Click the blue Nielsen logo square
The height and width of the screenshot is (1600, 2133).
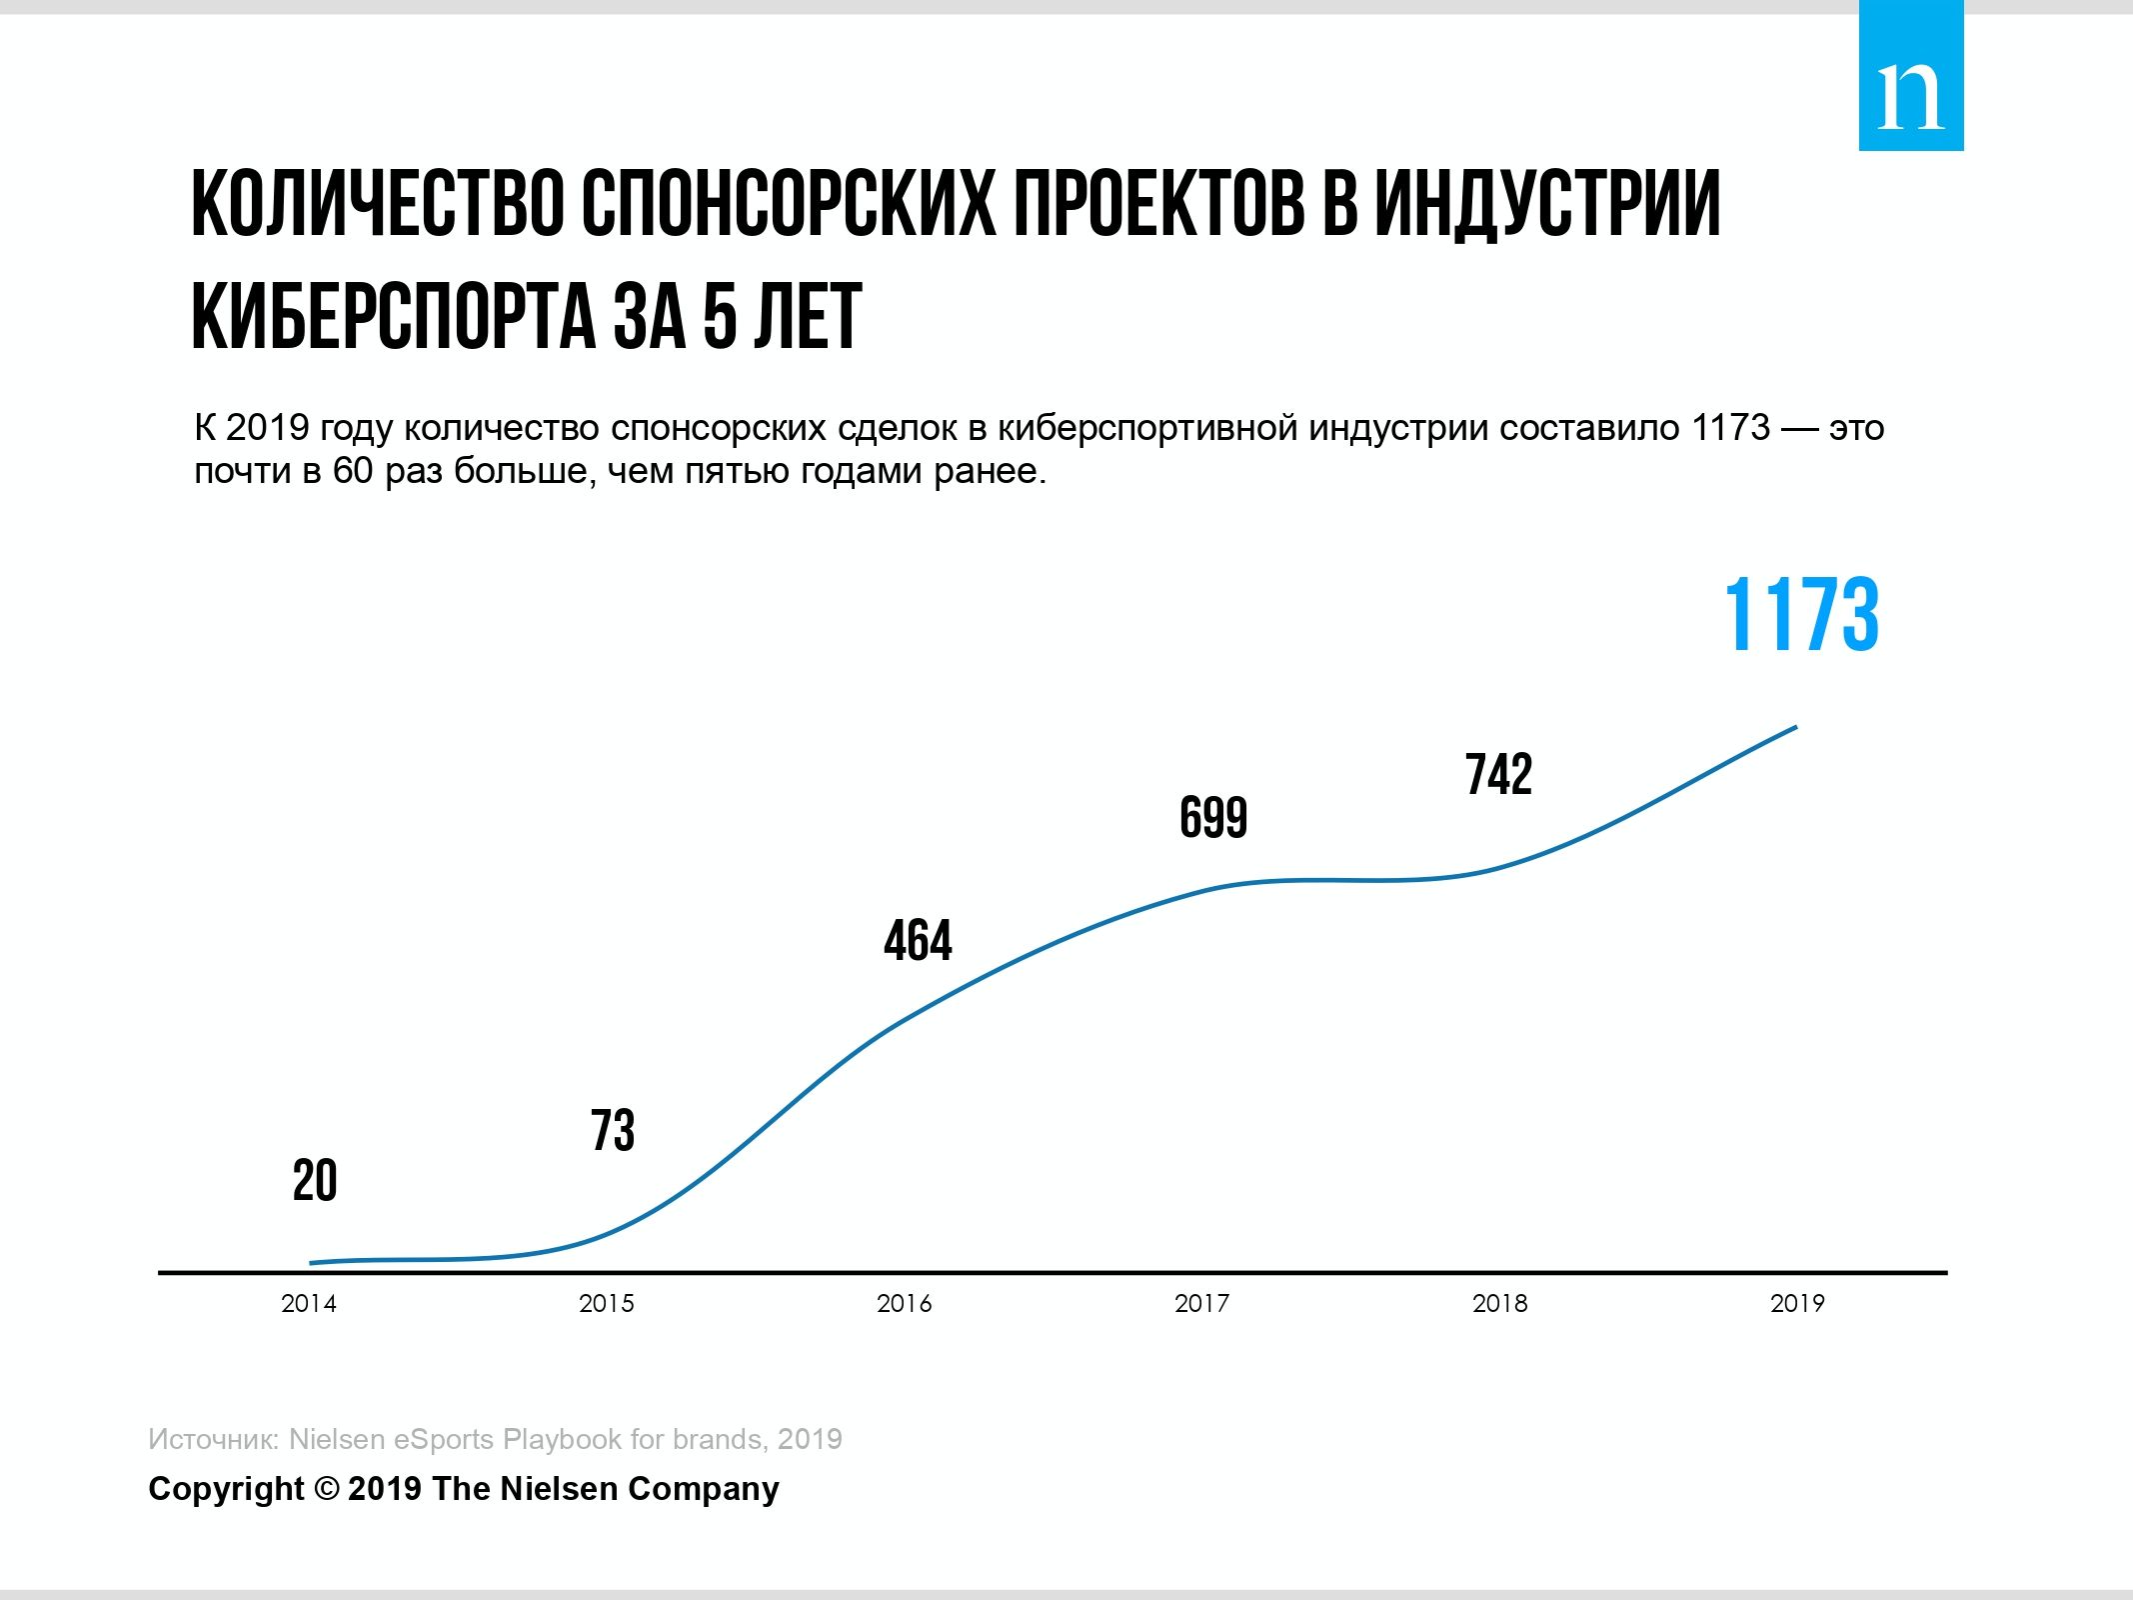[x=1910, y=76]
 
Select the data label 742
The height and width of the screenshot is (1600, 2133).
[x=1498, y=775]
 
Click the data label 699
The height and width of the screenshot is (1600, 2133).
[x=1213, y=818]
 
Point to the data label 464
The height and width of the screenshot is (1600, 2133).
[x=918, y=941]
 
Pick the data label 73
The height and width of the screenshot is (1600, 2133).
[x=612, y=1131]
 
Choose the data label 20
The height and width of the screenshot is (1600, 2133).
[x=315, y=1181]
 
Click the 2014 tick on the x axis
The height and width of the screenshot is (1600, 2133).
[x=309, y=1303]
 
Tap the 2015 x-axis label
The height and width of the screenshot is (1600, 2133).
[x=607, y=1303]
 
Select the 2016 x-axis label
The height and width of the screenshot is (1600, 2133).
[x=904, y=1303]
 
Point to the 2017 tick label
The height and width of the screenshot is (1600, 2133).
[x=1201, y=1303]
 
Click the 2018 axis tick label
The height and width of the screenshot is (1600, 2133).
[x=1499, y=1303]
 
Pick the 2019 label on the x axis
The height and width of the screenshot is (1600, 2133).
[x=1797, y=1303]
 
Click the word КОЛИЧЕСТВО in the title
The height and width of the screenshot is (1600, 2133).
[x=376, y=205]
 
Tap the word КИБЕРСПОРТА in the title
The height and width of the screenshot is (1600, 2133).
[x=392, y=317]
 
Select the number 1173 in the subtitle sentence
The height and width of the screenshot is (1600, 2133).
[x=1730, y=428]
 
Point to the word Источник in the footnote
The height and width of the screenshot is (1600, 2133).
[x=212, y=1439]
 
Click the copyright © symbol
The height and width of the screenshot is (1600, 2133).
[x=327, y=1488]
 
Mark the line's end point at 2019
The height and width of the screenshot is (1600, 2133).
[x=1795, y=727]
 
